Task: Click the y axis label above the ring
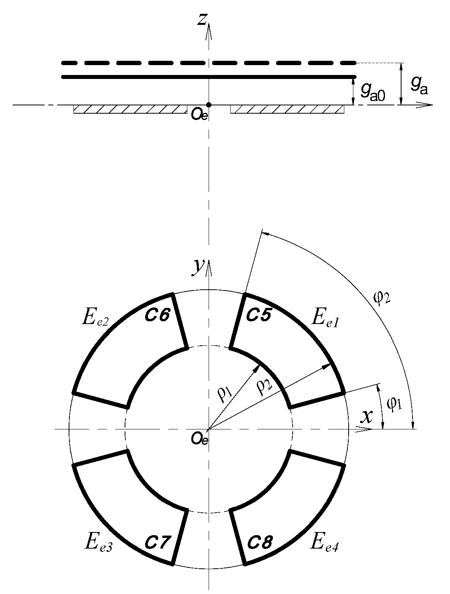[197, 267]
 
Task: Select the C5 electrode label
[259, 315]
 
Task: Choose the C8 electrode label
[260, 543]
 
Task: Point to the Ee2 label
[95, 318]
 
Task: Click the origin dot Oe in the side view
[209, 105]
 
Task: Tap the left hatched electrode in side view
[130, 109]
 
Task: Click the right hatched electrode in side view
[287, 109]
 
